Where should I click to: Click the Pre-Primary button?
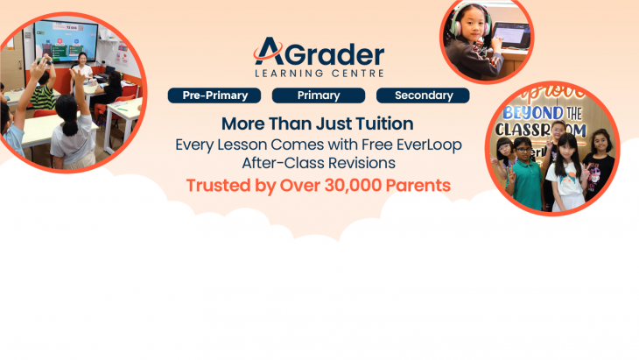point(214,95)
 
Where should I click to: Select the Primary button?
point(319,95)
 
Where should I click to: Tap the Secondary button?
point(423,95)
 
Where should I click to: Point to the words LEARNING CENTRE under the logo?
point(319,73)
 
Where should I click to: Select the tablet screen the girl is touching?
point(511,38)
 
